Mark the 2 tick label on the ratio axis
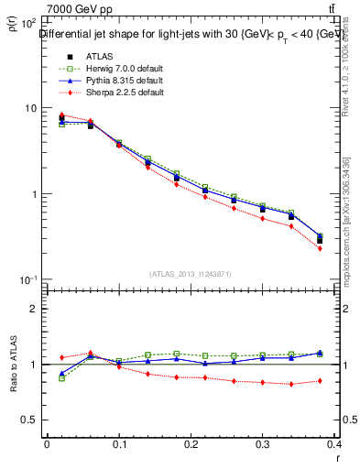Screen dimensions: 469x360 [35, 309]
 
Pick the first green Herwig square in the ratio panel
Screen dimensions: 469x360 [61, 377]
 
